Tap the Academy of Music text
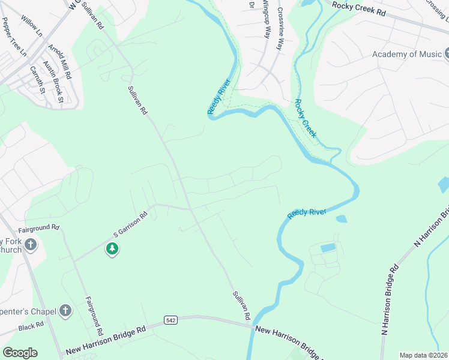pos(406,54)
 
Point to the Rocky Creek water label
pos(306,119)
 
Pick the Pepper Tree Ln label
pos(14,37)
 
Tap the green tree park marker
pos(112,248)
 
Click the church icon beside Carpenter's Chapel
pos(66,311)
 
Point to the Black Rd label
pos(31,326)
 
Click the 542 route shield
pos(171,322)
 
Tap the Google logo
pos(20,353)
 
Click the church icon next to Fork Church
pos(31,245)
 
